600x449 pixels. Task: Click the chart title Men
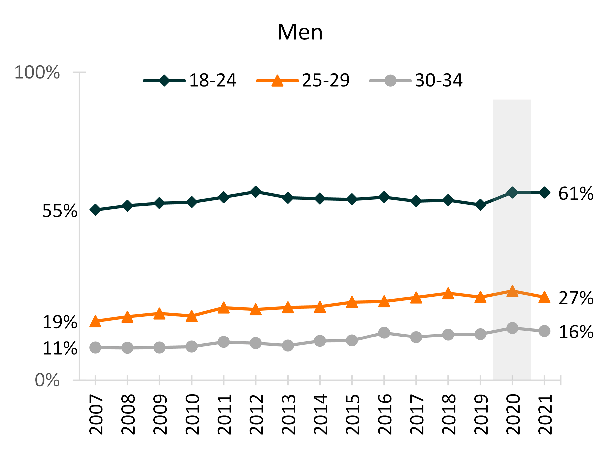pos(300,32)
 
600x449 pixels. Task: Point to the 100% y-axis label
pos(37,72)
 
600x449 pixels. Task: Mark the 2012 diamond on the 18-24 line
pos(256,192)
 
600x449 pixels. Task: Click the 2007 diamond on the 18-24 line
pos(95,210)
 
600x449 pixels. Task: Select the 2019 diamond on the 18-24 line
pos(480,205)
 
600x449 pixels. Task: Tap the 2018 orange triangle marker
pos(448,294)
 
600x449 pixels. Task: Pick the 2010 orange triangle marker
pos(192,316)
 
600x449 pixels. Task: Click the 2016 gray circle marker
pos(384,333)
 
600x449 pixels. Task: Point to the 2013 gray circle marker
pos(288,345)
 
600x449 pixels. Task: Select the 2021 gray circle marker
pos(544,331)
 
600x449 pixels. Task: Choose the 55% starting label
pos(60,211)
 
